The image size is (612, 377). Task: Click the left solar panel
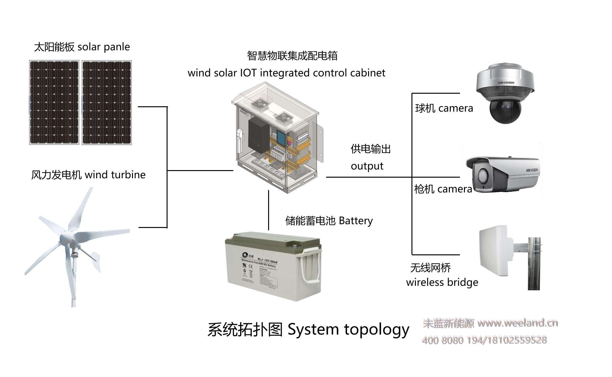pyautogui.click(x=54, y=103)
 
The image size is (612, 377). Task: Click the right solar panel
pyautogui.click(x=107, y=103)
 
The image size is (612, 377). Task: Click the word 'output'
pyautogui.click(x=367, y=166)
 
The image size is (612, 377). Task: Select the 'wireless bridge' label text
pyautogui.click(x=442, y=282)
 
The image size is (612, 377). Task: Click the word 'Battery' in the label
pyautogui.click(x=356, y=221)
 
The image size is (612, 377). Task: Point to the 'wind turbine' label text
pyautogui.click(x=115, y=175)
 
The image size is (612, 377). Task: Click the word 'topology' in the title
pyautogui.click(x=377, y=330)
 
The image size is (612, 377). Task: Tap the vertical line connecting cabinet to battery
pyautogui.click(x=268, y=210)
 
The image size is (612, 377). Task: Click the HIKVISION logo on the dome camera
pyautogui.click(x=506, y=83)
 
